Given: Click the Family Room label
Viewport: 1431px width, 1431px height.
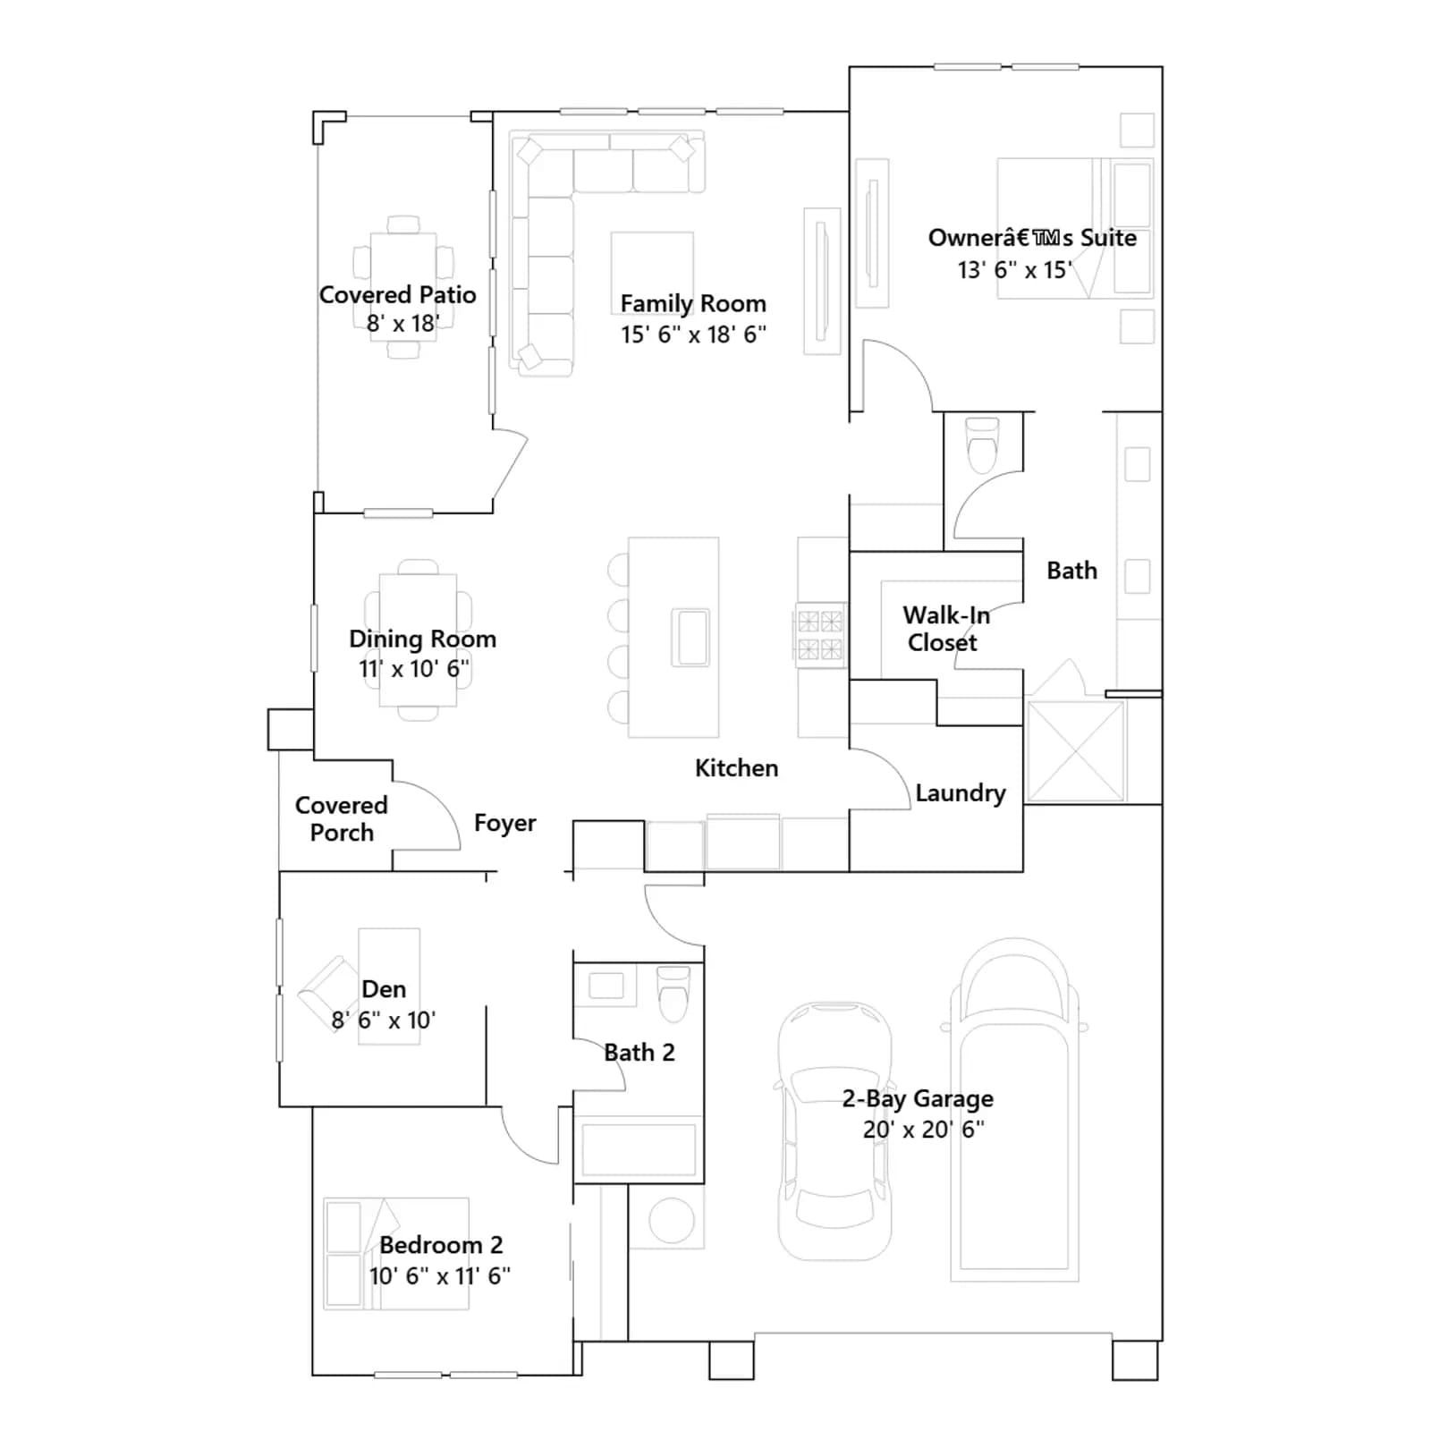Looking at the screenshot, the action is pyautogui.click(x=693, y=304).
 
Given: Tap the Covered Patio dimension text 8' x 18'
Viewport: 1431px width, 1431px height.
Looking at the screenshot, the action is pyautogui.click(x=402, y=323).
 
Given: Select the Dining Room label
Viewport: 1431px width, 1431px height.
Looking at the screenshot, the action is pyautogui.click(x=422, y=639).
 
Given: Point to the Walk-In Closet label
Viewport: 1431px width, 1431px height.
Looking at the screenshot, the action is pyautogui.click(x=945, y=629).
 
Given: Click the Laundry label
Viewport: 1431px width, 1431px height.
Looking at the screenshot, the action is pyautogui.click(x=961, y=793).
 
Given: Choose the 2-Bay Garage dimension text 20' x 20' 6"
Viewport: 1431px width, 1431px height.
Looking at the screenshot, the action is pyautogui.click(x=923, y=1129).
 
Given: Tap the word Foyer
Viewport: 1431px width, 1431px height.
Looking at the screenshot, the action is pyautogui.click(x=505, y=823).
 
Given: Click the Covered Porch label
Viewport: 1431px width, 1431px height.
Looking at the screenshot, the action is pyautogui.click(x=342, y=818).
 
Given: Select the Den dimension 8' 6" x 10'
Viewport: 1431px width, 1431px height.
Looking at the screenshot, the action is pyautogui.click(x=383, y=1020).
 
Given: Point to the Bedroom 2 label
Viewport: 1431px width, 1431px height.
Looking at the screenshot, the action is pyautogui.click(x=441, y=1245).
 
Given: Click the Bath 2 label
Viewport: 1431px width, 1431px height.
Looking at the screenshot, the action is pyautogui.click(x=639, y=1053).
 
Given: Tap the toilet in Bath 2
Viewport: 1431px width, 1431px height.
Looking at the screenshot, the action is pyautogui.click(x=673, y=994).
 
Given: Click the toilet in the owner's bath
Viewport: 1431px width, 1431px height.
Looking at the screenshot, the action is pyautogui.click(x=982, y=444).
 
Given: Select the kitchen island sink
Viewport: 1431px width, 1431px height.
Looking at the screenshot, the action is pyautogui.click(x=690, y=637).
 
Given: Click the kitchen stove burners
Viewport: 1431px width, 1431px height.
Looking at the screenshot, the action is pyautogui.click(x=820, y=634).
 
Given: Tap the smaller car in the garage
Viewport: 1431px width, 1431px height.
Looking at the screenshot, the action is pyautogui.click(x=834, y=1130).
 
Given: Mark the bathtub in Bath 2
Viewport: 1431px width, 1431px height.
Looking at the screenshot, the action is pyautogui.click(x=639, y=1149).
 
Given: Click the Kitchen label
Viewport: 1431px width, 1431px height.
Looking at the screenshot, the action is pyautogui.click(x=736, y=768).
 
